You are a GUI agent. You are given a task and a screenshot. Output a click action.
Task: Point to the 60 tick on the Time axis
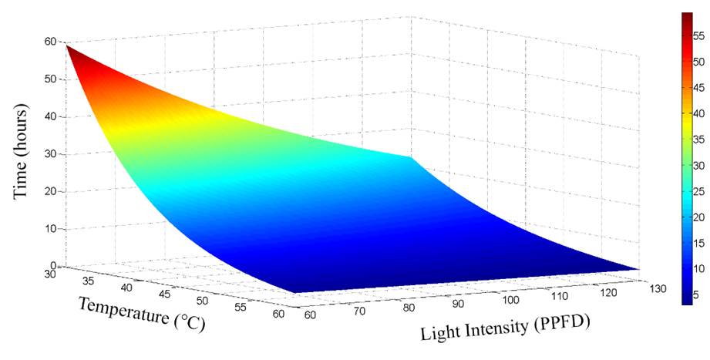click(x=51, y=42)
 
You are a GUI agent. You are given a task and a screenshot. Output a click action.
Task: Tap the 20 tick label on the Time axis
click(x=51, y=191)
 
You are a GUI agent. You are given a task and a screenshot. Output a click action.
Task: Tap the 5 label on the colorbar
click(x=697, y=294)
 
